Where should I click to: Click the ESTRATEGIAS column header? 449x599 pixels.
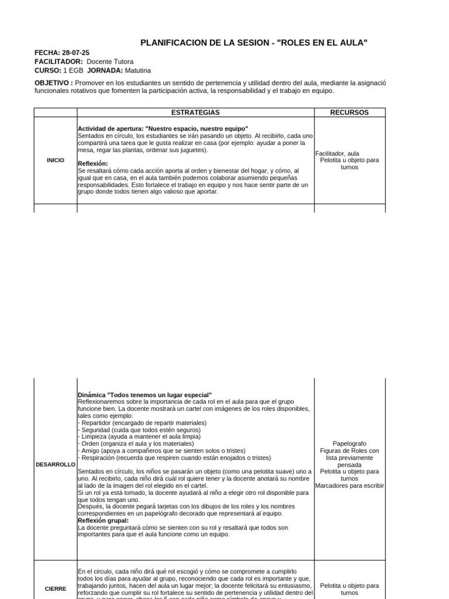pos(195,112)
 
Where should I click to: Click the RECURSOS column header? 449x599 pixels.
pos(350,112)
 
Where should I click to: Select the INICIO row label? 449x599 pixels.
pos(55,160)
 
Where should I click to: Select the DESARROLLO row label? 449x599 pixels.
pos(55,464)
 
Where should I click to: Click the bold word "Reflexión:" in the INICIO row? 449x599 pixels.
pos(93,163)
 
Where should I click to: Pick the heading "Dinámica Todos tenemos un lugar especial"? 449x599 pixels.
pos(144,395)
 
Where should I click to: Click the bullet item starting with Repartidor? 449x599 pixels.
pos(142,422)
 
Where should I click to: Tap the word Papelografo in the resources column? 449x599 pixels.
pos(350,443)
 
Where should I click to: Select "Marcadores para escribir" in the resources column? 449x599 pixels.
pos(350,486)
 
